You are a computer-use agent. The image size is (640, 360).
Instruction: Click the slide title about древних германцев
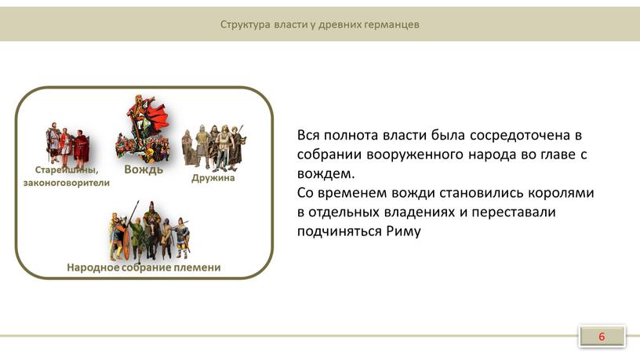coord(319,24)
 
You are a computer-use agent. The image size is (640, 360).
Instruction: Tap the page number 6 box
coord(602,336)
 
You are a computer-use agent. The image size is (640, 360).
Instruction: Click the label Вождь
coord(144,169)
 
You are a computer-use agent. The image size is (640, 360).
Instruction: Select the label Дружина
coord(213,178)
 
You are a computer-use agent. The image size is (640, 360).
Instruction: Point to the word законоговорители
coord(67,183)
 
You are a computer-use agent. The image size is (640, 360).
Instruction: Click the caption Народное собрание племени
coord(144,267)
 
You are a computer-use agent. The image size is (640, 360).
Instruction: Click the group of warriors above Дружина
coord(213,147)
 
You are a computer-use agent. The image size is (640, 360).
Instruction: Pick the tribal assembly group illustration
coord(149,231)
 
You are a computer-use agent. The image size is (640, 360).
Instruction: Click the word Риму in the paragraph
coord(403,231)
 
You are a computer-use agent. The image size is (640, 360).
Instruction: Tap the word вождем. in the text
coord(325,173)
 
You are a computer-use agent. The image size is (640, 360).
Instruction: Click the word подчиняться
coord(340,231)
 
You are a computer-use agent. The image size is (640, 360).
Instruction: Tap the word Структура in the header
coord(245,25)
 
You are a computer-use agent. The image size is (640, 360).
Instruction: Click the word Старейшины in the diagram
coord(67,169)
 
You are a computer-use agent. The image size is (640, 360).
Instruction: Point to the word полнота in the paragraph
coord(351,135)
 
